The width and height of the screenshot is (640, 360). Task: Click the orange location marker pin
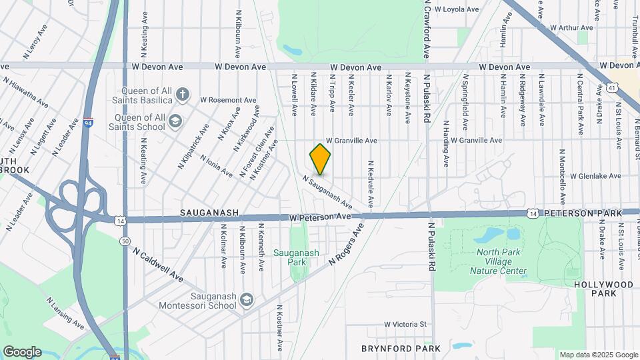point(320,159)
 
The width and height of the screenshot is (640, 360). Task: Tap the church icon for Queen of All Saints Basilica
point(183,93)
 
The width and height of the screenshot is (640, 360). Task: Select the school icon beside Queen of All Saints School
point(175,121)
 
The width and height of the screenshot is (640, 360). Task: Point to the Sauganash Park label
point(297,257)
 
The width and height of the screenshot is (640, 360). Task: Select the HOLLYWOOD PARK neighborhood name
point(603,289)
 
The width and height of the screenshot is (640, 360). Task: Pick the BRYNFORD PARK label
point(401,349)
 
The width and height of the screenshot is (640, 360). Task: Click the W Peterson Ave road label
point(320,217)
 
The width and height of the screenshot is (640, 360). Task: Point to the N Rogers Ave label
point(347,244)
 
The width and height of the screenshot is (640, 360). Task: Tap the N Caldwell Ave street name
point(158,265)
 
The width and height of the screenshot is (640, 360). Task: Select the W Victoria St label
point(405,325)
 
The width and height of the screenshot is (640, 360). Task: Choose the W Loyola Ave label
point(457,9)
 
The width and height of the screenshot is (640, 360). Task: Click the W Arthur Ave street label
point(571,28)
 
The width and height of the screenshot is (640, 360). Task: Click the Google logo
point(22,351)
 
